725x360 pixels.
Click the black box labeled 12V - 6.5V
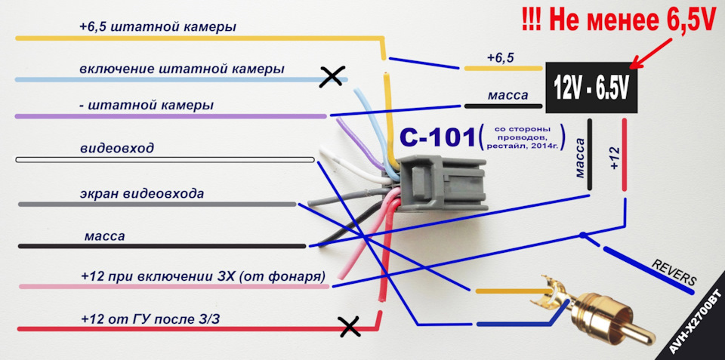click(591, 87)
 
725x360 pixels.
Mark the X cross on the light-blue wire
click(329, 76)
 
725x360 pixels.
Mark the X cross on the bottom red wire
click(348, 326)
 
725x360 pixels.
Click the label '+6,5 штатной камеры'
click(157, 27)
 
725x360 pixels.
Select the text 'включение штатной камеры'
click(181, 69)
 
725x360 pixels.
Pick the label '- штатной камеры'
click(146, 105)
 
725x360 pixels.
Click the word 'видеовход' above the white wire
click(116, 148)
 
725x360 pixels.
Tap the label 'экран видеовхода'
click(142, 194)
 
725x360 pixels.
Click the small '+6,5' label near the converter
click(499, 57)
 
